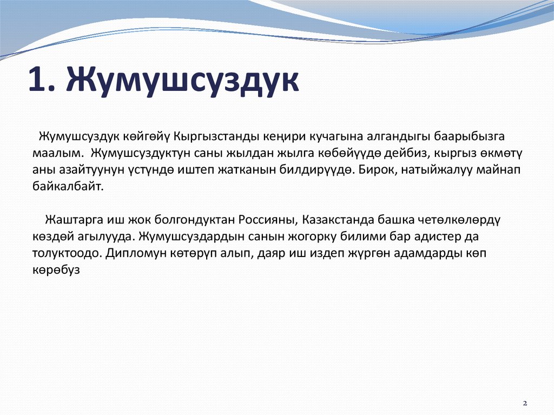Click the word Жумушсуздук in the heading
pos(183,82)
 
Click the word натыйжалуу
pos(437,169)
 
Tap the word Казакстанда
pos(338,220)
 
